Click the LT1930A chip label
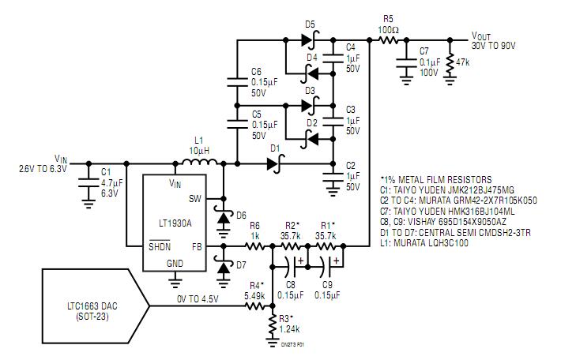point(168,223)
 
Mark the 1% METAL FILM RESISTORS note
point(435,180)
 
